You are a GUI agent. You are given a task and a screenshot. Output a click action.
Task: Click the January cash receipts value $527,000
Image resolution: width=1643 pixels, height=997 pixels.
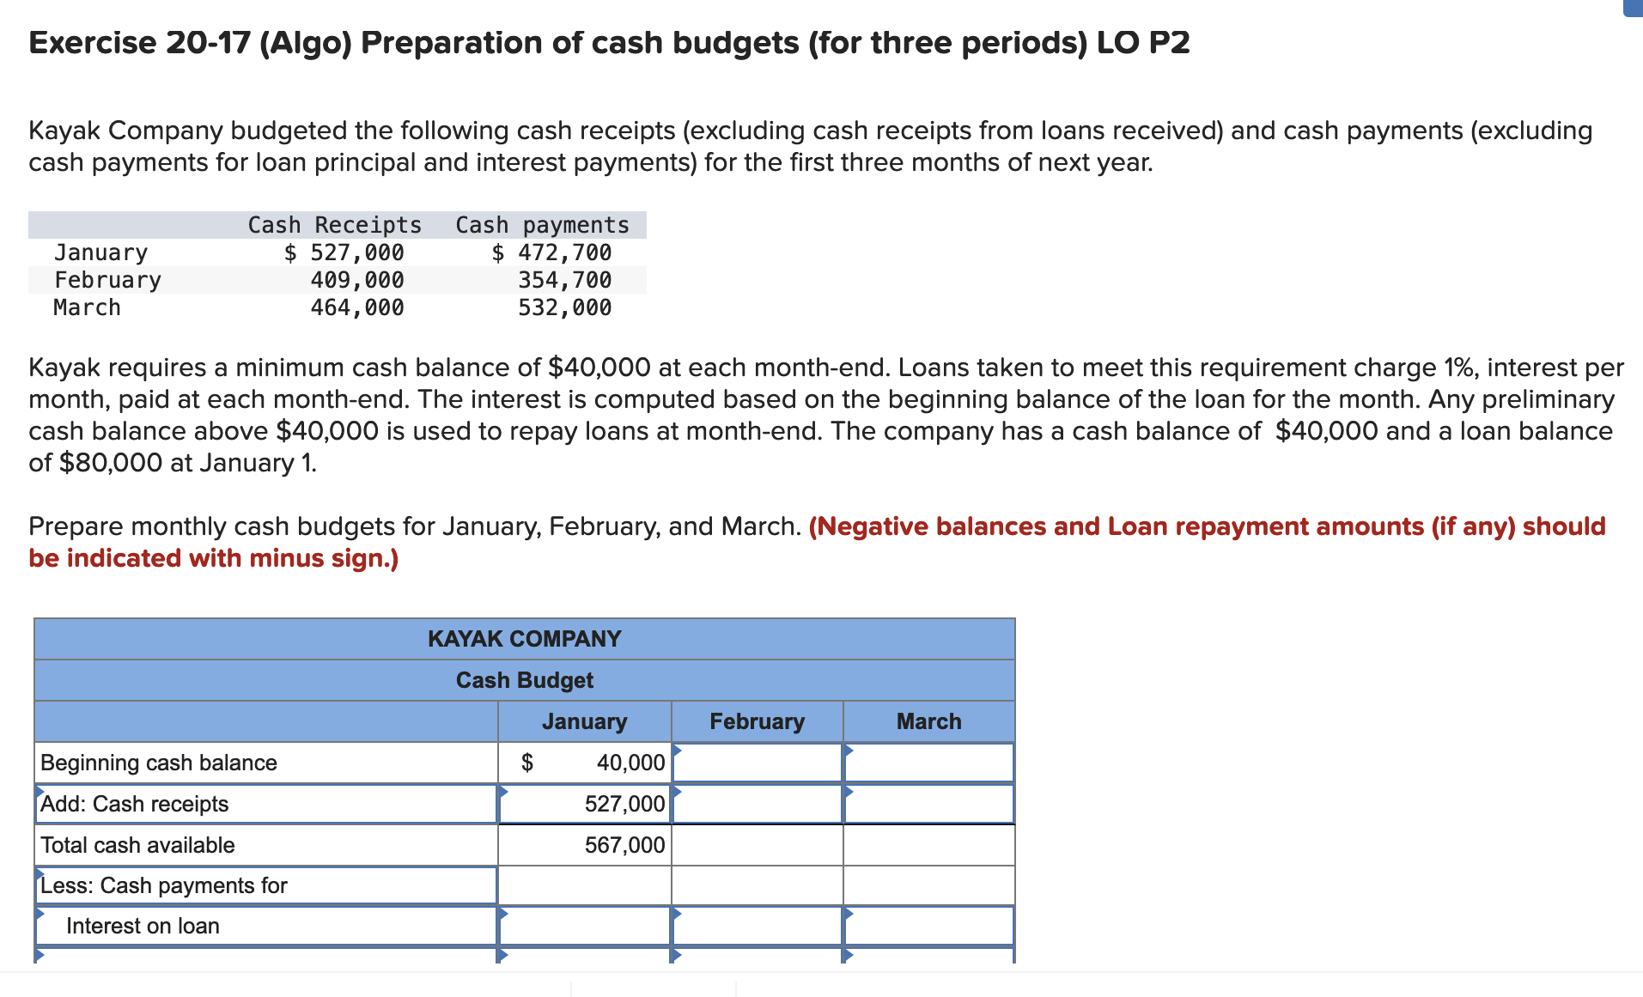pyautogui.click(x=344, y=252)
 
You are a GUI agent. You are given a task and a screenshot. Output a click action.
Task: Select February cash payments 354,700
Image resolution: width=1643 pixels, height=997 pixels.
pyautogui.click(x=564, y=280)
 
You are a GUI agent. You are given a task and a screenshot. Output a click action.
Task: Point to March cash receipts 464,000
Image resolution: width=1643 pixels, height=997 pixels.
pyautogui.click(x=357, y=307)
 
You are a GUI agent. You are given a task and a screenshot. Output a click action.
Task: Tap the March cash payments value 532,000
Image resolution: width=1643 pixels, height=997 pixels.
pyautogui.click(x=564, y=307)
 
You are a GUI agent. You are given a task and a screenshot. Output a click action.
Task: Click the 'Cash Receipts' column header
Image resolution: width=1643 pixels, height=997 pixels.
pyautogui.click(x=335, y=225)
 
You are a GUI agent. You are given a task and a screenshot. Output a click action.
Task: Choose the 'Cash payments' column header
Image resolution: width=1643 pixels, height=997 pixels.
pyautogui.click(x=542, y=225)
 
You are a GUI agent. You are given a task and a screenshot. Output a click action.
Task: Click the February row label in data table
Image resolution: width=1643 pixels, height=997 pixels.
pyautogui.click(x=107, y=280)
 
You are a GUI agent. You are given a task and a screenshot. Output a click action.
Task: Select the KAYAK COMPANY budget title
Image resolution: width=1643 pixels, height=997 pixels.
pyautogui.click(x=524, y=639)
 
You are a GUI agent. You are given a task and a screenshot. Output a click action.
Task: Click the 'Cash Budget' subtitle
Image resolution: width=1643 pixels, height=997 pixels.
pyautogui.click(x=524, y=680)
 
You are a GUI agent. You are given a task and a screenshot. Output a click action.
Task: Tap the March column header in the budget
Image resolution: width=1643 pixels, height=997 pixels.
pyautogui.click(x=928, y=721)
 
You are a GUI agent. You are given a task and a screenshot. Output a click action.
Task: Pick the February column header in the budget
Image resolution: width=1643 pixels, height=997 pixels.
pyautogui.click(x=757, y=721)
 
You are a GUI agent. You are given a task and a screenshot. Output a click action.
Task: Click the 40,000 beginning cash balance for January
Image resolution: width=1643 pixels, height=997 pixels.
pyautogui.click(x=630, y=763)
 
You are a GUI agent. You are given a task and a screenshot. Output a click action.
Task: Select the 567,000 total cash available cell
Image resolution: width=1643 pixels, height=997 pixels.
pyautogui.click(x=624, y=845)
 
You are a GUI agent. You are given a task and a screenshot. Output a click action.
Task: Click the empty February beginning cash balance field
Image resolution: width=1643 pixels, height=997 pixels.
pyautogui.click(x=757, y=763)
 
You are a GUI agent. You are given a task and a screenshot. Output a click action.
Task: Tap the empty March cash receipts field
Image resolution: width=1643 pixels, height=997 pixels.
pyautogui.click(x=928, y=804)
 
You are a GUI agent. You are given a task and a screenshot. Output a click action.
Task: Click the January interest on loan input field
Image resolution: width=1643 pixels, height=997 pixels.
pyautogui.click(x=584, y=926)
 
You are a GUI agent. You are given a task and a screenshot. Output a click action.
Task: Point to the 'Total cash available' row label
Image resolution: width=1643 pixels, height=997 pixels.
pyautogui.click(x=137, y=845)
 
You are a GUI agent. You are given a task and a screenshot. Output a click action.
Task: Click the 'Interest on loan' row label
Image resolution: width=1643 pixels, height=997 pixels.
pyautogui.click(x=143, y=926)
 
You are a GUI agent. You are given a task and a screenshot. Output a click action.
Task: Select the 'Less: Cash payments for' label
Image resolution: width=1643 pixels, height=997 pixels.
pyautogui.click(x=164, y=885)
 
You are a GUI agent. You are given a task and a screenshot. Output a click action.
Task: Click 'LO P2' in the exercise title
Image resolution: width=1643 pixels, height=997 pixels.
pyautogui.click(x=1143, y=43)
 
